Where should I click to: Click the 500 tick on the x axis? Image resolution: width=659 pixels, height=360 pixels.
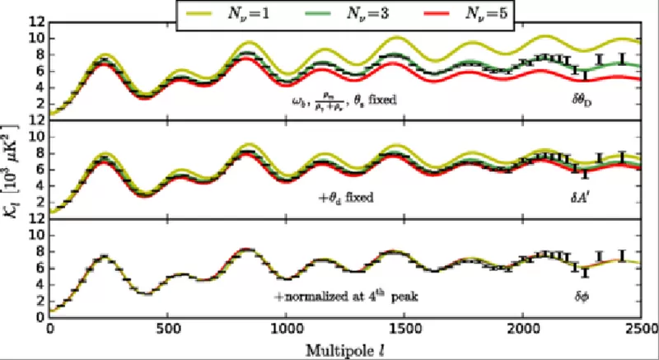tap(168, 329)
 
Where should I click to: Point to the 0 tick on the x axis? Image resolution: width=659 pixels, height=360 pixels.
tap(50, 329)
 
